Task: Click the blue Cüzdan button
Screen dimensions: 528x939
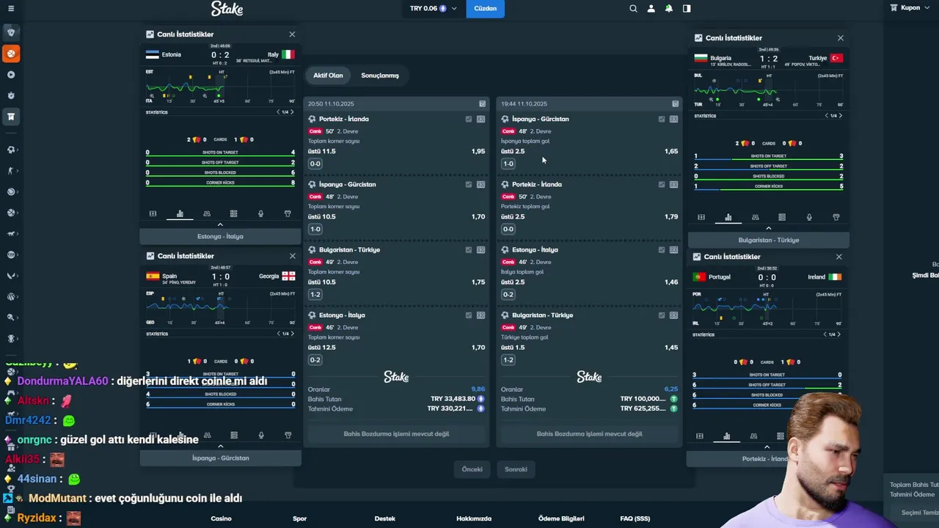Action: (485, 9)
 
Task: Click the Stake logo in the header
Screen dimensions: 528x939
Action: (227, 9)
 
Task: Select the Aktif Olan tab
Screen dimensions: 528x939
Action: (328, 76)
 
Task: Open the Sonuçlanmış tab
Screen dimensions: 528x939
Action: (380, 76)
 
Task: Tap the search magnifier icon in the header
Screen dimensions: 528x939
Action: (633, 9)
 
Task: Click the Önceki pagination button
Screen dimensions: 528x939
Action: (472, 469)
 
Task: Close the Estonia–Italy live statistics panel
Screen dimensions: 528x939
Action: (292, 34)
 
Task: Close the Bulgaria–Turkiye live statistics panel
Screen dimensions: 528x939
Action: (841, 38)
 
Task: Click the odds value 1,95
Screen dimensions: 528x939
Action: (478, 151)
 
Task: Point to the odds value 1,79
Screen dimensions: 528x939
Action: (671, 216)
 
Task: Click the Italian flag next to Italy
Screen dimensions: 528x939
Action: (288, 54)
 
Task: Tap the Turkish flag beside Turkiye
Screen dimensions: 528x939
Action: (836, 58)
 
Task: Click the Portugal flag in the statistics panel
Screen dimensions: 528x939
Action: (699, 277)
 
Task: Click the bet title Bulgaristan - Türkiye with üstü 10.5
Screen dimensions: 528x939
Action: (349, 250)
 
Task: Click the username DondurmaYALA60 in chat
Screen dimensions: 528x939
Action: (62, 381)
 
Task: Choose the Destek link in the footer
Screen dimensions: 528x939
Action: (384, 518)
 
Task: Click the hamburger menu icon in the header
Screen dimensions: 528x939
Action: (10, 9)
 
